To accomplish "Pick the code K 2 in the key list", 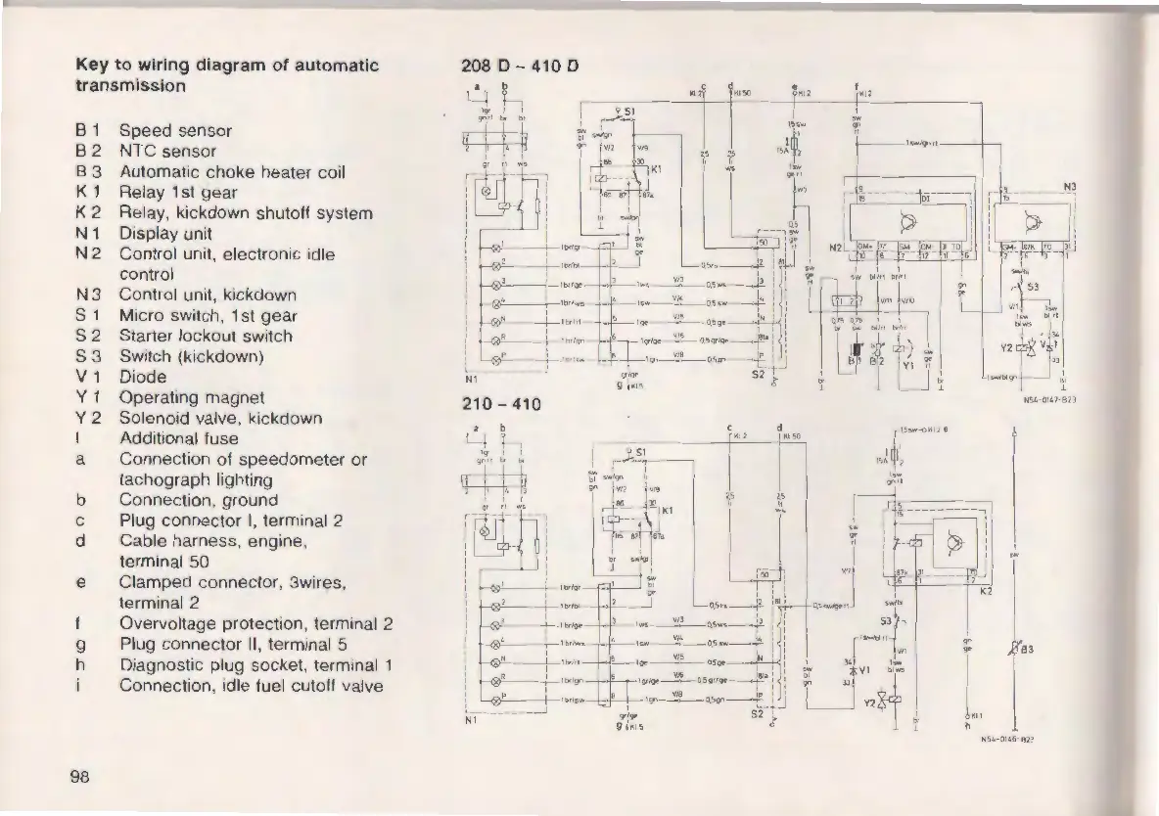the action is pos(87,213).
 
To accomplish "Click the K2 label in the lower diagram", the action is pos(986,593).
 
